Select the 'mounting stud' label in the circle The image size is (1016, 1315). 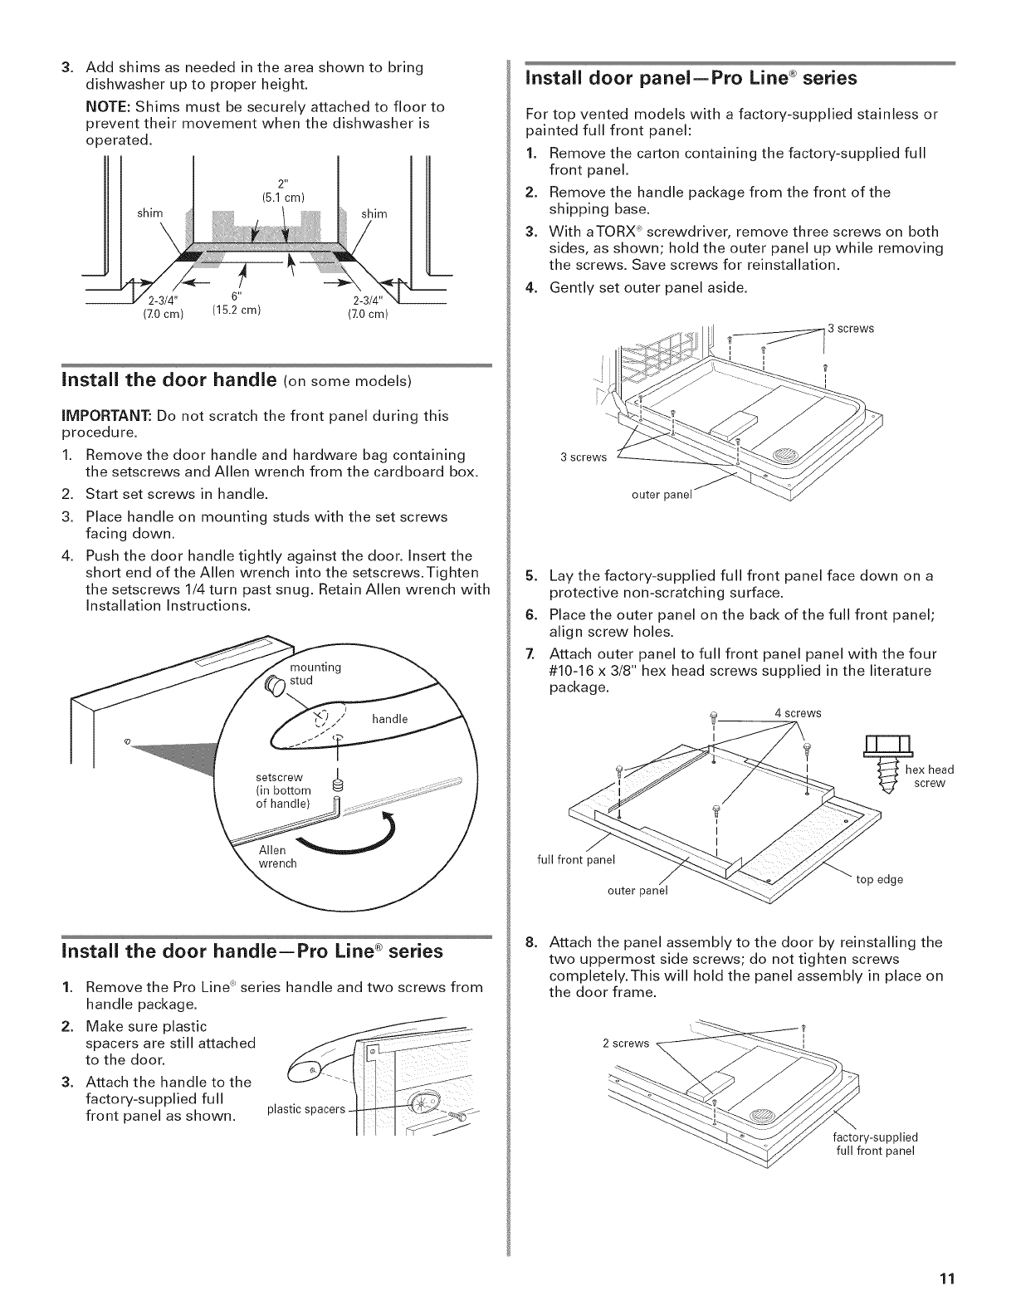pyautogui.click(x=315, y=674)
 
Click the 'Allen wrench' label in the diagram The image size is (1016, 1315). pyautogui.click(x=277, y=857)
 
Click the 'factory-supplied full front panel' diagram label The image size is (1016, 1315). pyautogui.click(x=875, y=1144)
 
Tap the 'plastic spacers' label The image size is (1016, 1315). pyautogui.click(x=305, y=1110)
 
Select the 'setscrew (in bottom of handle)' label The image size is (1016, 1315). pyautogui.click(x=283, y=790)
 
